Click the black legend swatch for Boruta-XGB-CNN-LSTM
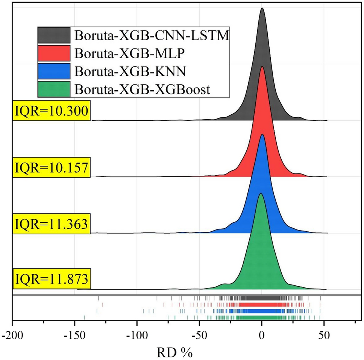(53, 35)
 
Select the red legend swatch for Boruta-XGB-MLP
(53, 53)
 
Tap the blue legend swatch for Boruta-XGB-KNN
(53, 71)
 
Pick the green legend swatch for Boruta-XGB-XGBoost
(53, 89)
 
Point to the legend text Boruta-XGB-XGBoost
(142, 90)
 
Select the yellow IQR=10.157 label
(52, 167)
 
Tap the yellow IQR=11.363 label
(52, 223)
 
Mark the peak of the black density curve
(262, 9)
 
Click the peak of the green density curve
(261, 194)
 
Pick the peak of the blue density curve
(262, 134)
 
